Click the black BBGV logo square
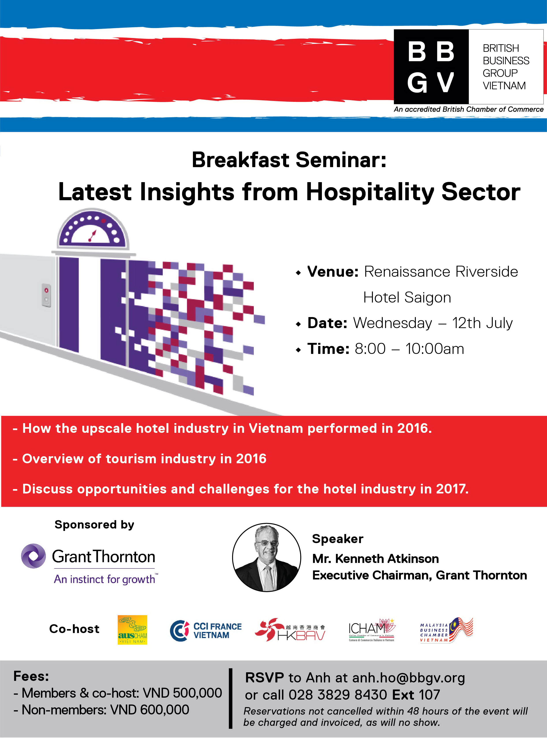pos(431,67)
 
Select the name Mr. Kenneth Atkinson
pos(375,559)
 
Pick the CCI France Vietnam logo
pos(206,631)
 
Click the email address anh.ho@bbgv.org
pos(409,678)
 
